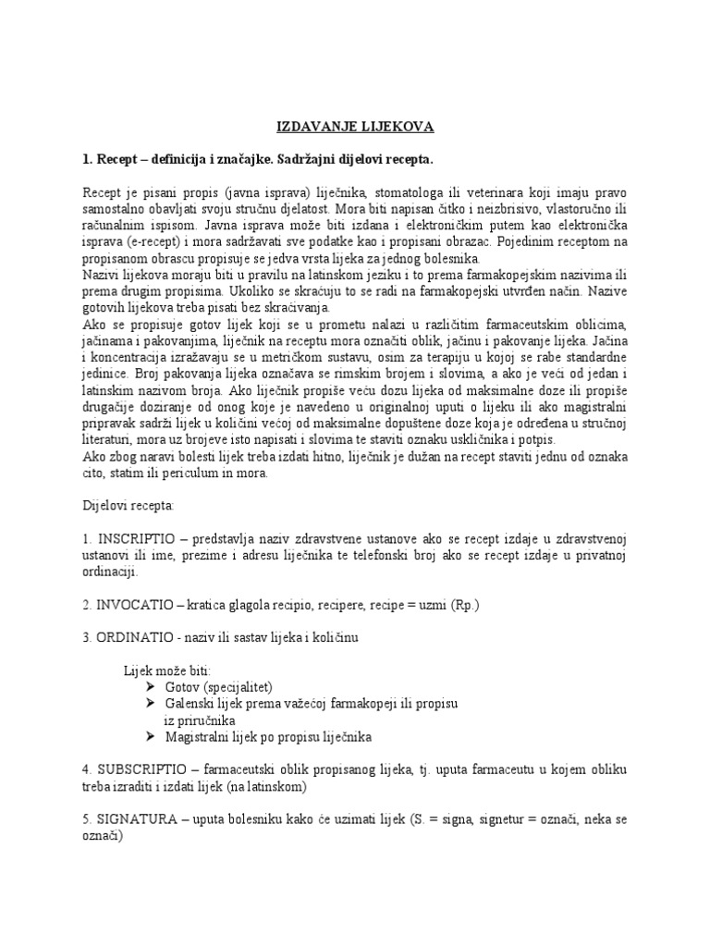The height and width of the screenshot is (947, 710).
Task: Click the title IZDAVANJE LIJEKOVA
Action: pos(356,126)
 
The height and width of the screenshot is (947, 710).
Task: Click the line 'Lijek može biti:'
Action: pos(167,670)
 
